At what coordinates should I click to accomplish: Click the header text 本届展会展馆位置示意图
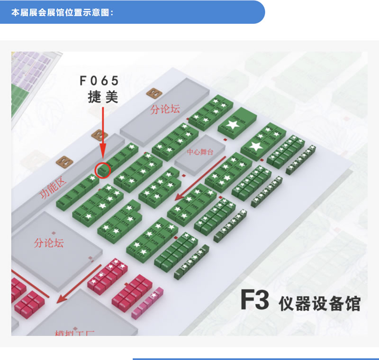(x=62, y=12)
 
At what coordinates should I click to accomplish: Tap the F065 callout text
(x=99, y=81)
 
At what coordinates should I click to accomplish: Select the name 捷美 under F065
(x=103, y=97)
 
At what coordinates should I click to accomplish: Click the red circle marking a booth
(x=103, y=169)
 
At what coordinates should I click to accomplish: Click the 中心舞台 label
(x=200, y=153)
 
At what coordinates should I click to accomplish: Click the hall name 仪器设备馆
(x=320, y=303)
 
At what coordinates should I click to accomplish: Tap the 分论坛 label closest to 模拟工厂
(x=49, y=243)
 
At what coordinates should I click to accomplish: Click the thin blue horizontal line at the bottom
(x=255, y=359)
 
